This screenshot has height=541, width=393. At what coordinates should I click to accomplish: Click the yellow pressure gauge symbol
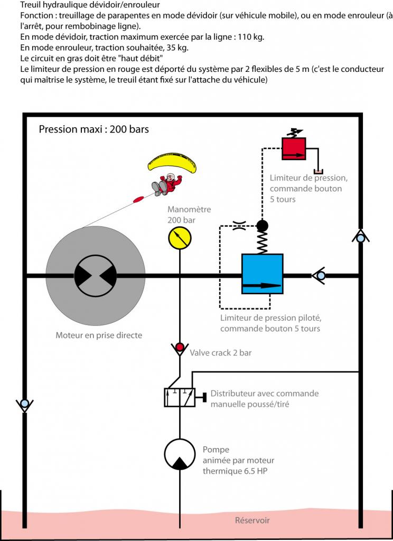[180, 238]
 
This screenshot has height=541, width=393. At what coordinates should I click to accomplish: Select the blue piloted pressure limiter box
[262, 275]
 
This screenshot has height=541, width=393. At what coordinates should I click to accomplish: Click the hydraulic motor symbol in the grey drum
[96, 275]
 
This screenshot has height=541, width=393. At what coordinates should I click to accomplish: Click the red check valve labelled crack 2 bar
[180, 347]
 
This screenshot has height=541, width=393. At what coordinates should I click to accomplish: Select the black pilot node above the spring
[262, 226]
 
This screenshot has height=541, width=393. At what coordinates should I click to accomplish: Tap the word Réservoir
[252, 520]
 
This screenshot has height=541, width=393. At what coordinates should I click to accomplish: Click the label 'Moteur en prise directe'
[99, 335]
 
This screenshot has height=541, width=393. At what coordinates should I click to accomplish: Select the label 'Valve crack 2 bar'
[220, 352]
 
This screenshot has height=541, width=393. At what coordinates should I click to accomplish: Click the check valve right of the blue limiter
[320, 275]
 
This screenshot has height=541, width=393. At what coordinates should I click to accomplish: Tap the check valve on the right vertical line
[360, 238]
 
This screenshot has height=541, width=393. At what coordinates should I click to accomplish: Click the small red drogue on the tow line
[139, 199]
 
